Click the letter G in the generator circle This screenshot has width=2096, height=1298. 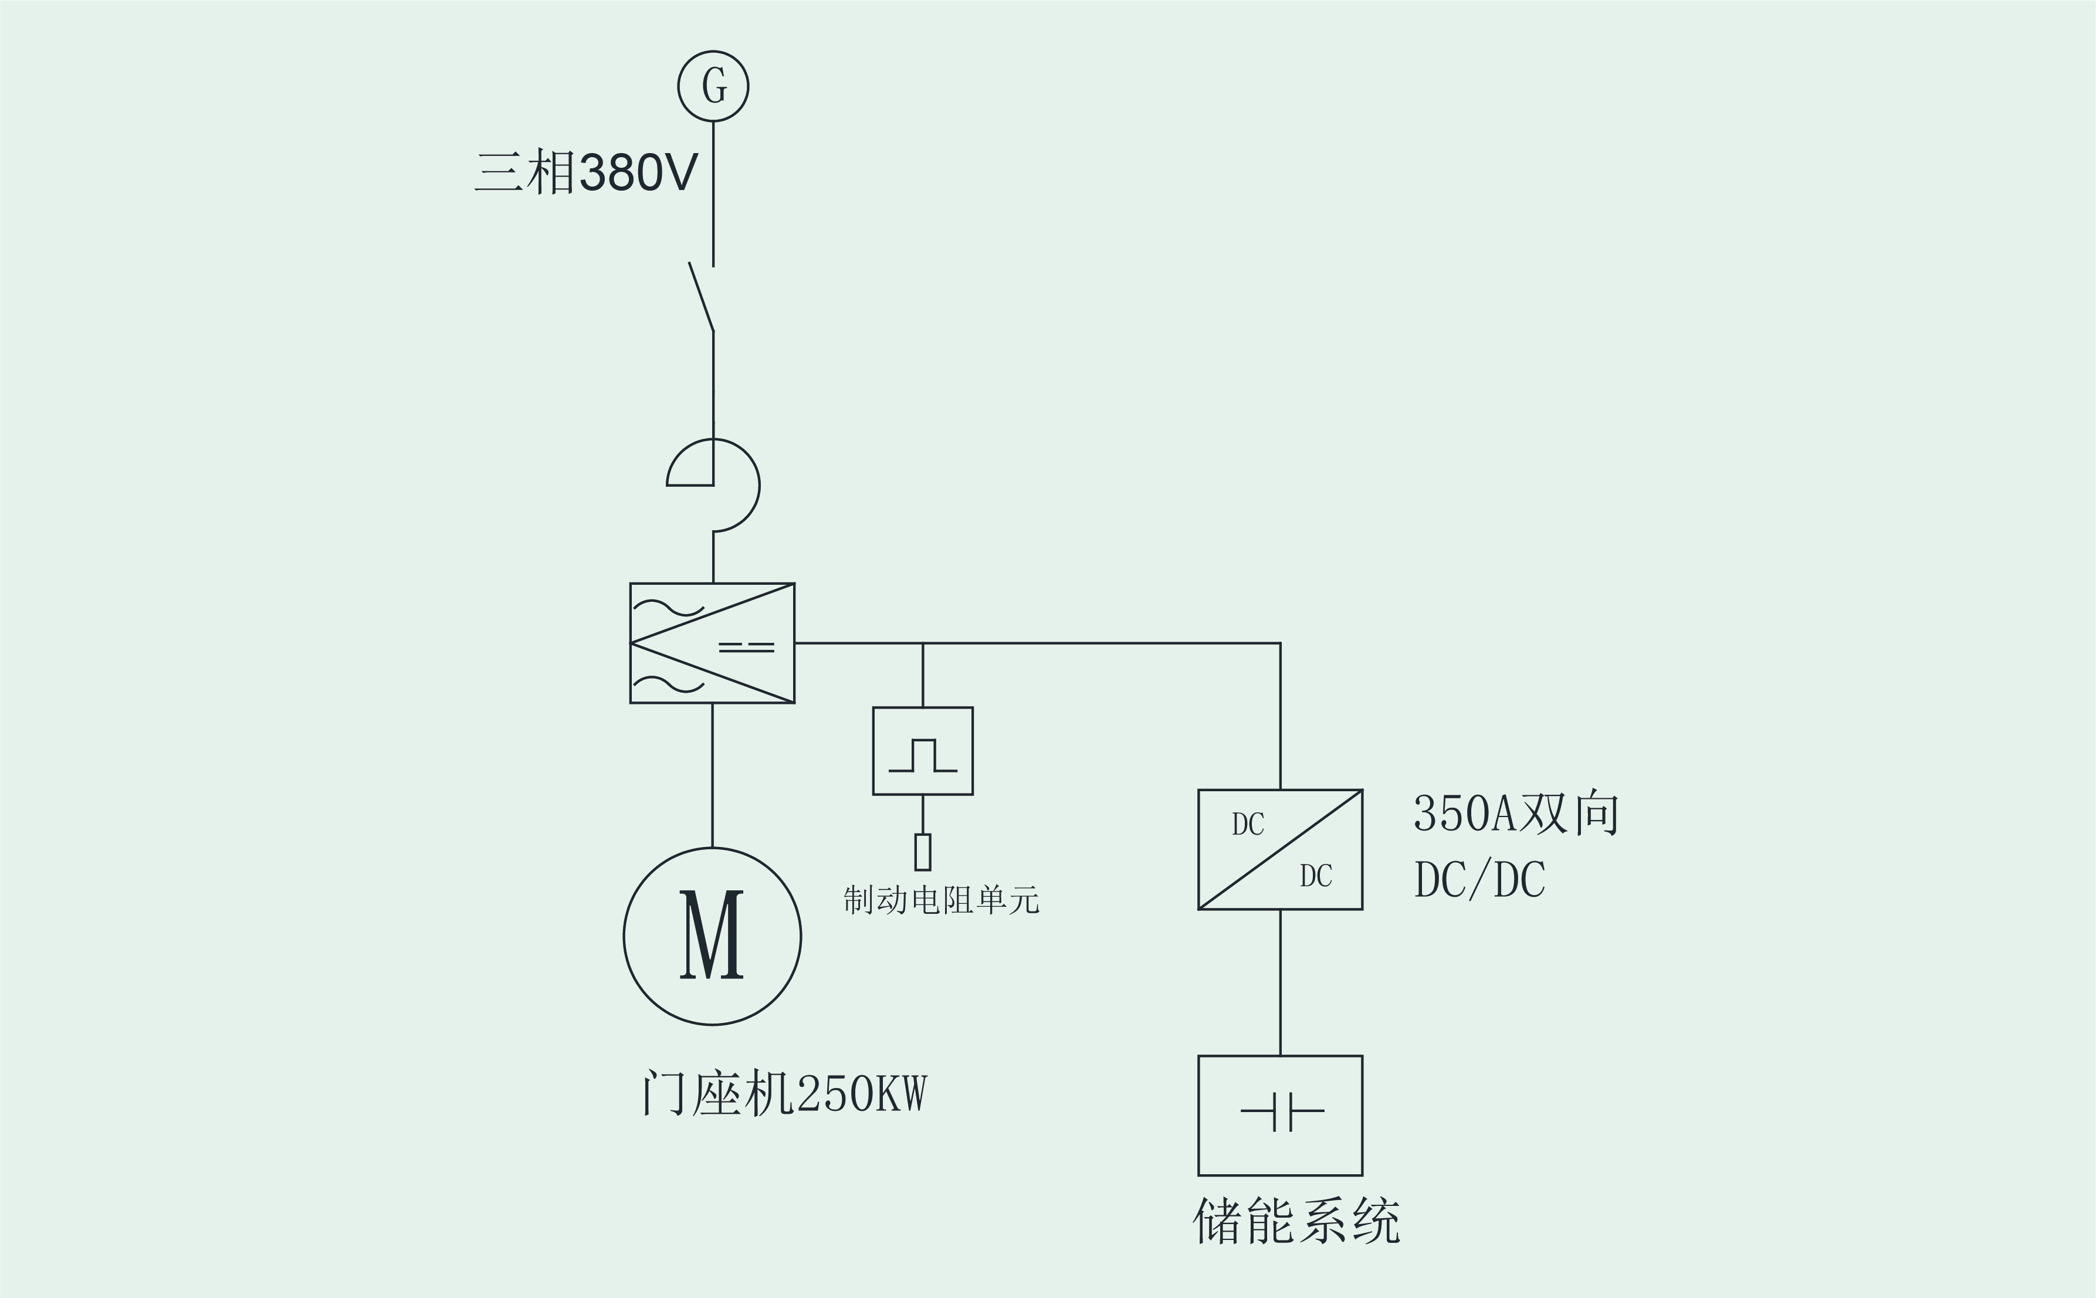(x=714, y=86)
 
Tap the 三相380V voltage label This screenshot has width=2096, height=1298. (x=586, y=172)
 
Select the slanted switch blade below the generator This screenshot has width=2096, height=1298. (x=701, y=297)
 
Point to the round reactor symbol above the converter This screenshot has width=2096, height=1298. (x=736, y=485)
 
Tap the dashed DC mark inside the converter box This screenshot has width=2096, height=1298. (x=747, y=646)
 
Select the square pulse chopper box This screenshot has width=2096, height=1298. (x=923, y=751)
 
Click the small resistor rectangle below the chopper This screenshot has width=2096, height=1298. (x=923, y=852)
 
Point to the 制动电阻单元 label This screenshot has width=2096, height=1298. (x=942, y=900)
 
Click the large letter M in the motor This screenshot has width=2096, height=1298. (x=712, y=935)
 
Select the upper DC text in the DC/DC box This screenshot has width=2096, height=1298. (x=1248, y=824)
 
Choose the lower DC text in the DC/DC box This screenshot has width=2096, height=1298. (x=1316, y=876)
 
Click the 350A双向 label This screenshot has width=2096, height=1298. (x=1516, y=814)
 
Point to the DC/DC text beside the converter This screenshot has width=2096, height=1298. (x=1479, y=879)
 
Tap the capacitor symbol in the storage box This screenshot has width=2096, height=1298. (x=1282, y=1111)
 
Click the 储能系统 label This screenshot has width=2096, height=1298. (x=1296, y=1221)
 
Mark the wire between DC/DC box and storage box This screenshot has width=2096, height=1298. (x=1281, y=982)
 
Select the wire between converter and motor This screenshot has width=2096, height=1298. (x=712, y=775)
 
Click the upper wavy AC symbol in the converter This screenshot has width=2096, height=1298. (x=669, y=608)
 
